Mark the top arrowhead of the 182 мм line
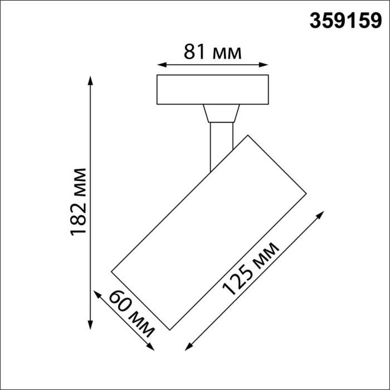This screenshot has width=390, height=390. [x=90, y=79]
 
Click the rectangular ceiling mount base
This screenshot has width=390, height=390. [x=212, y=90]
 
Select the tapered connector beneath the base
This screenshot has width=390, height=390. [x=222, y=113]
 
